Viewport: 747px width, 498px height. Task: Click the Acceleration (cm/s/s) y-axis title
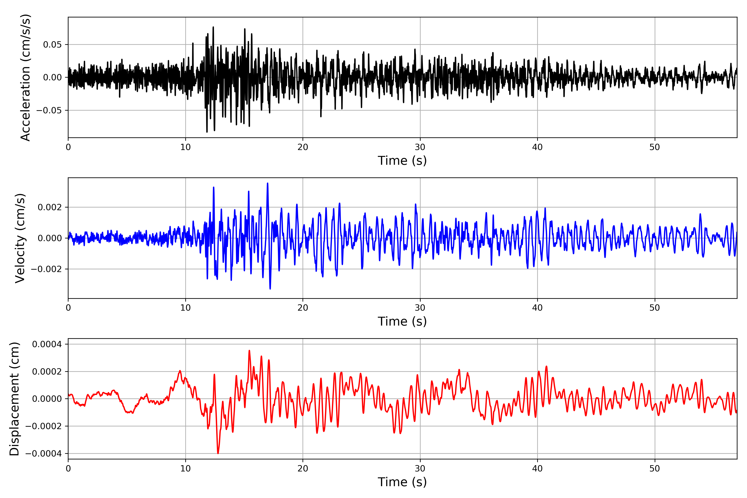(x=25, y=77)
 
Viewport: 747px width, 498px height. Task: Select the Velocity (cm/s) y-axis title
(x=20, y=238)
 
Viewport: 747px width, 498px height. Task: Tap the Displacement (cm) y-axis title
(x=14, y=399)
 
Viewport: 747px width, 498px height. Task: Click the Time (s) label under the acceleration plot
(x=402, y=161)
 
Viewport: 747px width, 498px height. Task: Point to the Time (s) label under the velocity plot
(x=402, y=321)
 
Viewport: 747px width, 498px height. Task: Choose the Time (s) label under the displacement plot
(x=402, y=482)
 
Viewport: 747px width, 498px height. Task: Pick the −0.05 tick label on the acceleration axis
(x=49, y=111)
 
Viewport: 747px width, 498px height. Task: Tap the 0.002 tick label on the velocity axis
(x=50, y=207)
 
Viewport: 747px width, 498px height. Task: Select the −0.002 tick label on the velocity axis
(x=46, y=269)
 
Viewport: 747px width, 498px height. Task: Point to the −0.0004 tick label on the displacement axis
(x=44, y=454)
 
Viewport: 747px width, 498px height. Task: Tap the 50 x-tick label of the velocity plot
(x=655, y=308)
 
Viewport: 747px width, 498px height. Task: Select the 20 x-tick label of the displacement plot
(x=303, y=469)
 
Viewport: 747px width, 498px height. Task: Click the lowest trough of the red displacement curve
(x=218, y=453)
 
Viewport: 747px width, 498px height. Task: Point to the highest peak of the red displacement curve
(x=249, y=351)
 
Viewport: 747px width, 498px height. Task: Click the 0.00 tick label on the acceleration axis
(x=52, y=77)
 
